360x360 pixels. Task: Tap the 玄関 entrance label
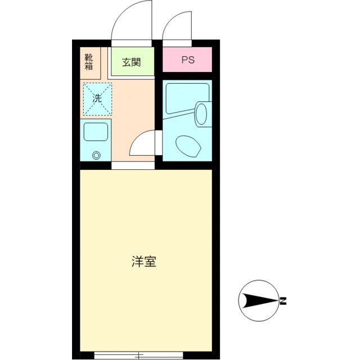pyautogui.click(x=131, y=62)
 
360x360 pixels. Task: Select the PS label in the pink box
pyautogui.click(x=187, y=60)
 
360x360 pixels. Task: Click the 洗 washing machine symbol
pyautogui.click(x=97, y=98)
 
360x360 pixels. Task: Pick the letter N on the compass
pyautogui.click(x=284, y=301)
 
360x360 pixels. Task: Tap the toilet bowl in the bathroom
pyautogui.click(x=188, y=147)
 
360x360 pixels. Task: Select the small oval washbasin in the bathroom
pyautogui.click(x=201, y=113)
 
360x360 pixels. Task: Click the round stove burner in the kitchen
pyautogui.click(x=96, y=156)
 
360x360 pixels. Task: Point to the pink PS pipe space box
pyautogui.click(x=187, y=60)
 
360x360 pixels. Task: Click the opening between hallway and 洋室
pyautogui.click(x=133, y=165)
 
